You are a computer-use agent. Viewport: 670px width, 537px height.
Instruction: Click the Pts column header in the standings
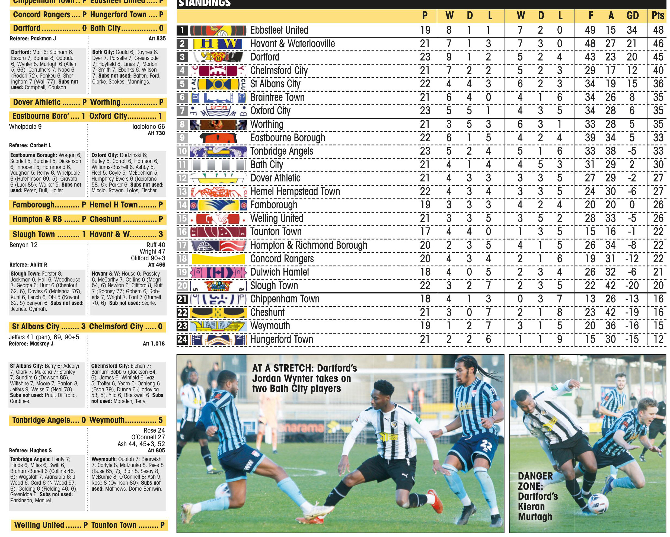point(658,15)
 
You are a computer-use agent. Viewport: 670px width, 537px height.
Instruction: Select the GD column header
point(632,15)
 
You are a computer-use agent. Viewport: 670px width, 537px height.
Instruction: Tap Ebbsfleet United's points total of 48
point(658,30)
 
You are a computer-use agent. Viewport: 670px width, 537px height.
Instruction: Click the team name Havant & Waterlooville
point(292,43)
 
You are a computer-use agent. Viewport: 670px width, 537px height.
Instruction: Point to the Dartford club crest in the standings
point(218,57)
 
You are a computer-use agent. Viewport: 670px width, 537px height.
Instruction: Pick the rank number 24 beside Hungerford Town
point(182,339)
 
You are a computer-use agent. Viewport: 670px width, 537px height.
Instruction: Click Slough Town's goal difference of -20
point(632,286)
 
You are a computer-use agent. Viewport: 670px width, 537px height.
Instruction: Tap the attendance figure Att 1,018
point(154,344)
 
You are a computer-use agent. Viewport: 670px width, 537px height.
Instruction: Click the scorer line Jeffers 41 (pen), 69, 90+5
point(44,337)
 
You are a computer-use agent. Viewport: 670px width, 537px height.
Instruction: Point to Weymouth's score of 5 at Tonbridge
point(160,420)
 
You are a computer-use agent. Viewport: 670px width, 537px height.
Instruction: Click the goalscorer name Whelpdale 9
point(25,126)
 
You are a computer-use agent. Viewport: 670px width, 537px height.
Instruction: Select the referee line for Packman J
point(33,39)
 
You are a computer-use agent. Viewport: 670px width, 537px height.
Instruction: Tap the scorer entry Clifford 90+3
point(148,258)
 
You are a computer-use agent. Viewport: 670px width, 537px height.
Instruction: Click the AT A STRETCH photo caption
point(304,378)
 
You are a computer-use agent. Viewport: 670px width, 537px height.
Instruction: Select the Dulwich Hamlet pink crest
point(218,272)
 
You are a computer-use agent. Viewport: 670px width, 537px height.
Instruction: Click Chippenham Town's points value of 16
point(658,299)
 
